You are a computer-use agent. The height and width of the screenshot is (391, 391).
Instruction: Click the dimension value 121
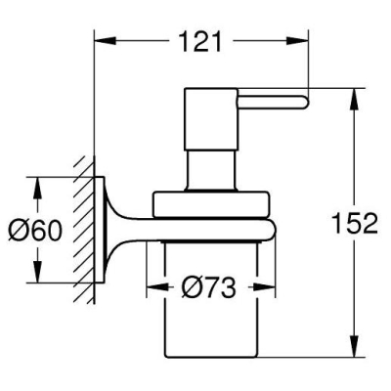click(x=200, y=41)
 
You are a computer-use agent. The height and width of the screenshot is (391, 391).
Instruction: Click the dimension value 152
click(x=355, y=223)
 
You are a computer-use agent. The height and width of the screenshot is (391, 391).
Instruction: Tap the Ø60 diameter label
click(x=34, y=230)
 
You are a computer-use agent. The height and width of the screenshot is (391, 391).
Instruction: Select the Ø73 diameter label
click(x=209, y=287)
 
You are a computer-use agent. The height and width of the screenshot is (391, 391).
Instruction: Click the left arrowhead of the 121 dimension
click(x=105, y=41)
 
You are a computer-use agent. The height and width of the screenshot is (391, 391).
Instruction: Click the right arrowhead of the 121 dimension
click(x=297, y=41)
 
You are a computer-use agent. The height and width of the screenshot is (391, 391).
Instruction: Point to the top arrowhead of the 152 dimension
click(x=355, y=99)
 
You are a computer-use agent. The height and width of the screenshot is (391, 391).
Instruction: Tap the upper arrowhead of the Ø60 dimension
click(x=38, y=188)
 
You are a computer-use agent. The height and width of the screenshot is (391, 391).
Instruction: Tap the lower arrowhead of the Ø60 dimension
click(x=38, y=272)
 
